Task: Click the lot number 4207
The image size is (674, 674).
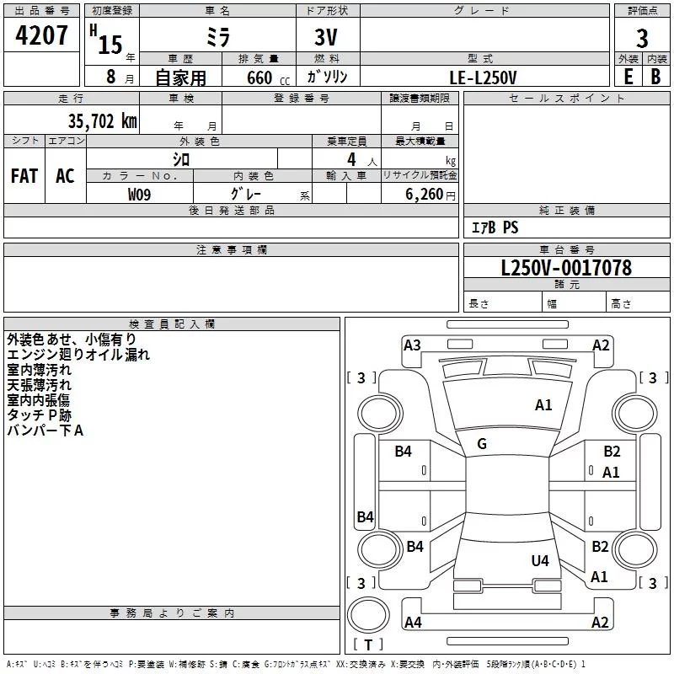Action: tap(41, 37)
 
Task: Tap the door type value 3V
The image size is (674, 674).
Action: tap(327, 39)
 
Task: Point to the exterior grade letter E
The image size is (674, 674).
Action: tap(629, 76)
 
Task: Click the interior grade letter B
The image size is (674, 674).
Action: tap(655, 76)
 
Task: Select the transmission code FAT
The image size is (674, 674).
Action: tap(24, 176)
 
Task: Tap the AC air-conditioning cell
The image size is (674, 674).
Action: tap(65, 176)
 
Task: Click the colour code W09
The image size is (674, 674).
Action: tap(140, 195)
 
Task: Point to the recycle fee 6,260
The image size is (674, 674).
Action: tap(424, 195)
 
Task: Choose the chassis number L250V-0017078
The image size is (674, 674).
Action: tap(566, 269)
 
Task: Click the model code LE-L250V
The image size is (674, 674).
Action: tap(484, 77)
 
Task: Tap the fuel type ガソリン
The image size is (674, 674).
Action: tap(327, 77)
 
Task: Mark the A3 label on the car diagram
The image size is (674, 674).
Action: tap(412, 345)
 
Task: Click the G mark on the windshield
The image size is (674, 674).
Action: tap(482, 444)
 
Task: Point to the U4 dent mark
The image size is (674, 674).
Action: tap(540, 560)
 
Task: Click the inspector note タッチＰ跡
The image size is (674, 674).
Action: tap(39, 415)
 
